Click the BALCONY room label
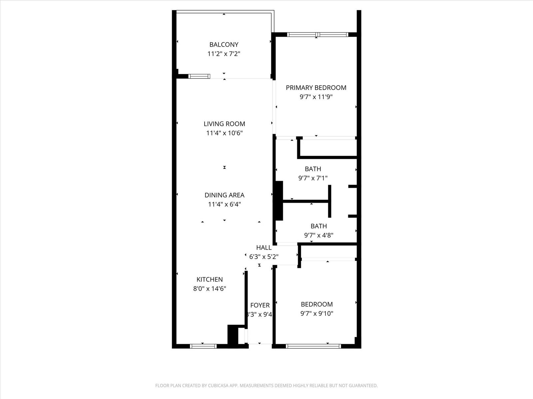(x=224, y=45)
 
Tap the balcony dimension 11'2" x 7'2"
(x=224, y=54)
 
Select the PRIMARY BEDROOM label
(x=316, y=88)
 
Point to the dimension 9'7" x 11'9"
(x=316, y=97)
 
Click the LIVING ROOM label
(x=224, y=124)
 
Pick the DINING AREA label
(x=224, y=195)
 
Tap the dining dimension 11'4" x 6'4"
(x=224, y=204)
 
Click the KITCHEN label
(x=210, y=280)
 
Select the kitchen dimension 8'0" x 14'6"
(x=210, y=289)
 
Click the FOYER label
(x=260, y=305)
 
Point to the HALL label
(x=264, y=248)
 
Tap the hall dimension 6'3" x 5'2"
(x=264, y=257)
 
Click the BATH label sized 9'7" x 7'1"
(x=313, y=169)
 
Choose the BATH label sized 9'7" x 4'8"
(x=318, y=226)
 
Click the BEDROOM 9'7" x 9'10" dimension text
(x=316, y=314)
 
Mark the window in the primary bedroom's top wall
(x=317, y=35)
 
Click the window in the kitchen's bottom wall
(x=203, y=346)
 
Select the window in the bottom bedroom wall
(x=313, y=346)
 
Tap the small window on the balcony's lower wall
(x=199, y=76)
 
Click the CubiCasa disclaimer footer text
(x=266, y=386)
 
